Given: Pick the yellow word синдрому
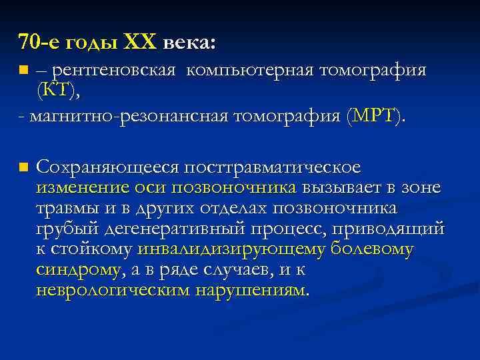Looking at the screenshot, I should [79, 270].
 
